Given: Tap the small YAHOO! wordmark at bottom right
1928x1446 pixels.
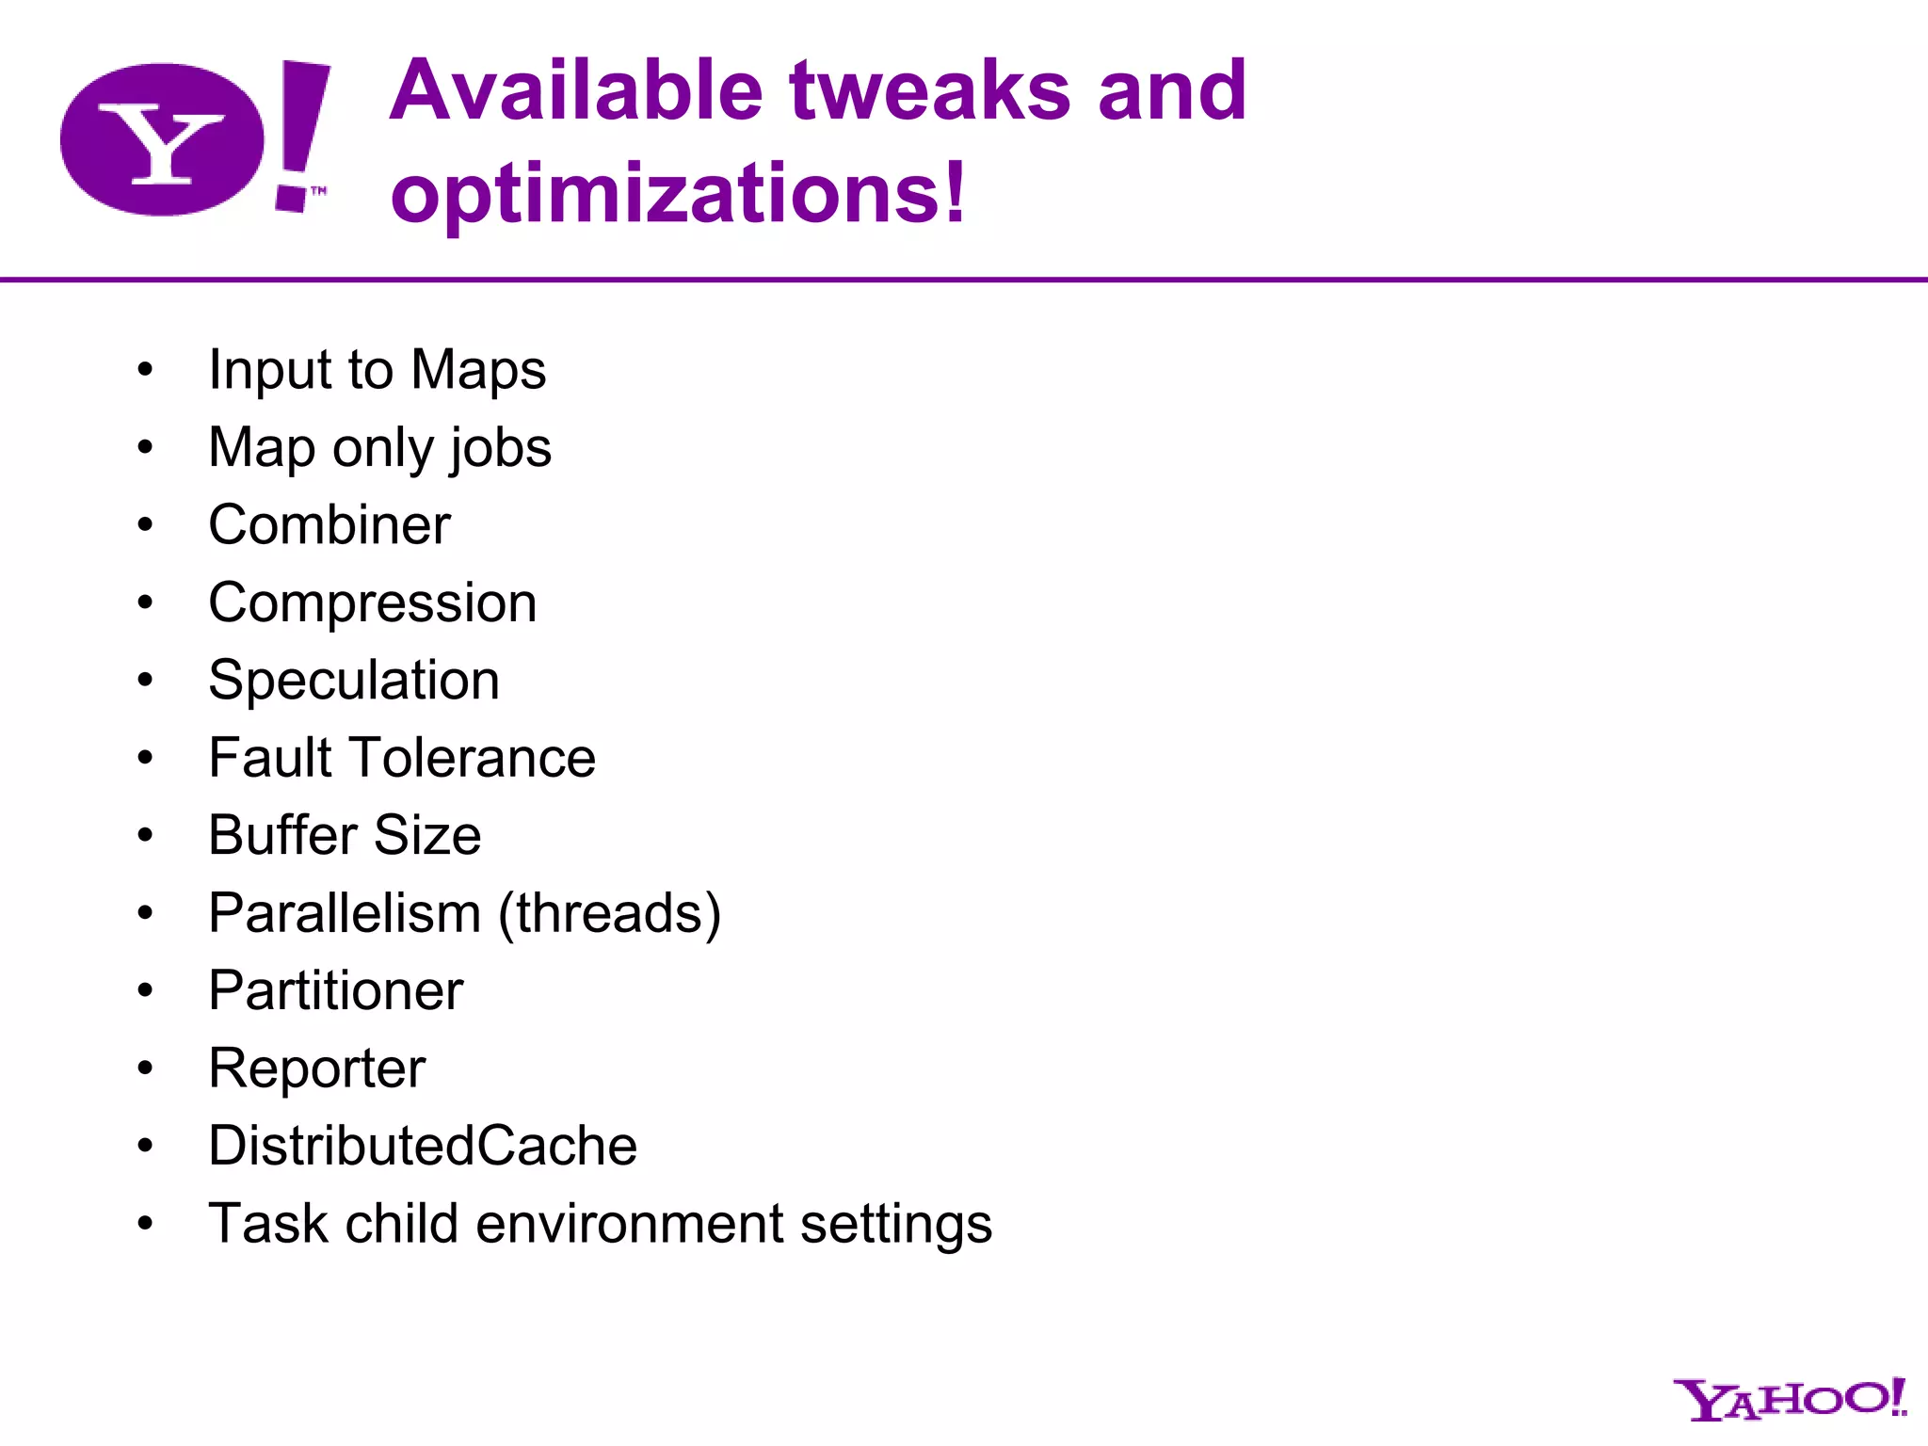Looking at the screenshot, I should point(1789,1400).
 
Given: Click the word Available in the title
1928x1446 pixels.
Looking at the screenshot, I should point(576,90).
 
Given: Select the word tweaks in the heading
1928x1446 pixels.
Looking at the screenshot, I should point(930,90).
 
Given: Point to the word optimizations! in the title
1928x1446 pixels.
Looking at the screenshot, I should point(678,193).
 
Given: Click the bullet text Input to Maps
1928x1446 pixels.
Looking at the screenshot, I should point(377,369).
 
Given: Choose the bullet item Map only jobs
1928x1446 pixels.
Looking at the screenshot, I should point(379,447).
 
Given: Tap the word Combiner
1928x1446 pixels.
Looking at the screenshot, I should point(329,524).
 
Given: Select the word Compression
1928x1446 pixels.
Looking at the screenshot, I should point(373,602).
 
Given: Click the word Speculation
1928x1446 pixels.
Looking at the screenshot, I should point(354,680).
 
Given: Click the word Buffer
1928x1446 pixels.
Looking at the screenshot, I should point(282,835).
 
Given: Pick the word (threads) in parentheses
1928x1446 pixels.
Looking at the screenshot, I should point(609,913).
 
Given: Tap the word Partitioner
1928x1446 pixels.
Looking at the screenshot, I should point(336,990).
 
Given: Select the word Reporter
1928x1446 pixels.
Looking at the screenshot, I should point(317,1068).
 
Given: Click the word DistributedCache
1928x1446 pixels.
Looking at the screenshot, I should point(423,1146).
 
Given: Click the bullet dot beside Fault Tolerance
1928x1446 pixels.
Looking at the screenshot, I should point(145,758).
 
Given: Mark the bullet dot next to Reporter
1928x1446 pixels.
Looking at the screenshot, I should point(145,1068).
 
